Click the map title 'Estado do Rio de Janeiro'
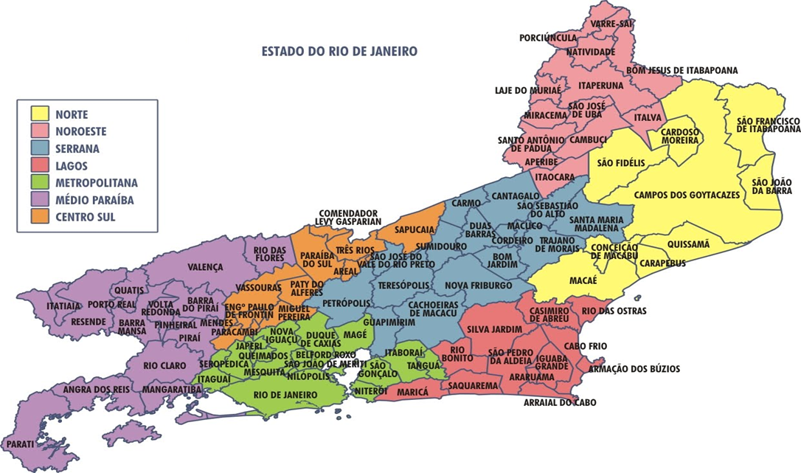(x=339, y=52)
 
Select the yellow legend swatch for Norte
(x=40, y=114)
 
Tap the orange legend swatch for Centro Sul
(x=40, y=216)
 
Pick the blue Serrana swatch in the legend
(x=40, y=148)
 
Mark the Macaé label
(x=583, y=280)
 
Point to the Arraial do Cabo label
(x=560, y=403)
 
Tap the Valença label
(x=205, y=267)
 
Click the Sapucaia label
(x=416, y=229)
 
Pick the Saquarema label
(x=472, y=385)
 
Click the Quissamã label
(x=688, y=244)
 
